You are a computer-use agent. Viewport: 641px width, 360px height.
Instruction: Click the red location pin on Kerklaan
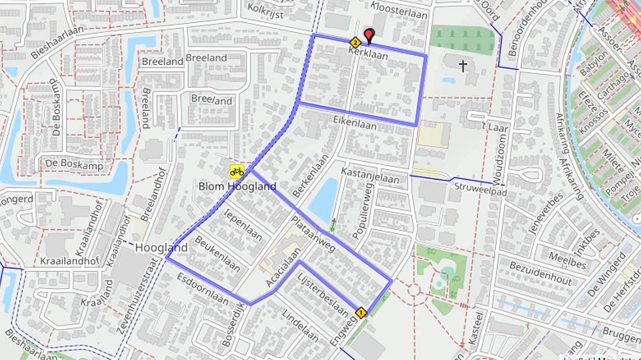368,36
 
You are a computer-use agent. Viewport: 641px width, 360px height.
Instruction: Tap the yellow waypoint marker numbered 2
354,43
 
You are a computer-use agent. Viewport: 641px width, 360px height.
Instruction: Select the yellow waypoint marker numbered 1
360,313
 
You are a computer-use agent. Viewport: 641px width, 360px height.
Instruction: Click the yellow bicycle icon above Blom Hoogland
237,171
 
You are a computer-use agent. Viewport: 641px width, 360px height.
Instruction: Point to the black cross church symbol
463,66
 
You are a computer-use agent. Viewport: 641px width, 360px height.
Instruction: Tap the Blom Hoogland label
237,186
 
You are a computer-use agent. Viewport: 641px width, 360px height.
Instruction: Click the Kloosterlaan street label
399,11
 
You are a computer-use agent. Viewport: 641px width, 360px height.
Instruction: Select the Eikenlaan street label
355,122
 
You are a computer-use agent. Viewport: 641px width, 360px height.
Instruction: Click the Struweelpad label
481,189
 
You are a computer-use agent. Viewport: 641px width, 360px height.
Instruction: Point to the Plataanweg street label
313,234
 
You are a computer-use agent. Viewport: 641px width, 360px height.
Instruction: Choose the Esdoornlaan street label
203,289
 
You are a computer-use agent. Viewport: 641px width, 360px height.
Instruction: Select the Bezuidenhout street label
540,273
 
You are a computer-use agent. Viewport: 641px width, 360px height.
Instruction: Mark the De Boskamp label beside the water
74,165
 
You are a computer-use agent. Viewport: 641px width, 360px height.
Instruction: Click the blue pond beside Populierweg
323,200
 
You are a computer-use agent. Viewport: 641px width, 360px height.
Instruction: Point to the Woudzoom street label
501,158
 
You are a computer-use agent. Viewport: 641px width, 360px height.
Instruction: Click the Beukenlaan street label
217,253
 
